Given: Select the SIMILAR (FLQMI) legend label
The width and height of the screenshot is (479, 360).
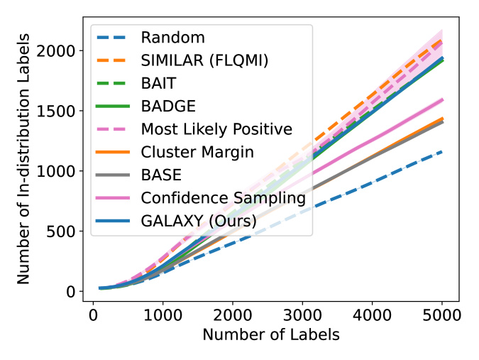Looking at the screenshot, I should tap(204, 61).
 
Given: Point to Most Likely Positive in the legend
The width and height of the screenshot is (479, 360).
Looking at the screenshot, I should tap(216, 129).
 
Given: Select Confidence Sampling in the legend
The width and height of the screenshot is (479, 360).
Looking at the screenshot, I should tap(223, 197).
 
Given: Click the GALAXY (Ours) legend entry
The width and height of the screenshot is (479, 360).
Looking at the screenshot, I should tap(199, 221).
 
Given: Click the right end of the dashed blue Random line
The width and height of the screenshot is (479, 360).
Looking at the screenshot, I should tap(441, 151).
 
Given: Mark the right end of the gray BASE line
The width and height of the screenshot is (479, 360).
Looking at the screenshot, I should tap(441, 122).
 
